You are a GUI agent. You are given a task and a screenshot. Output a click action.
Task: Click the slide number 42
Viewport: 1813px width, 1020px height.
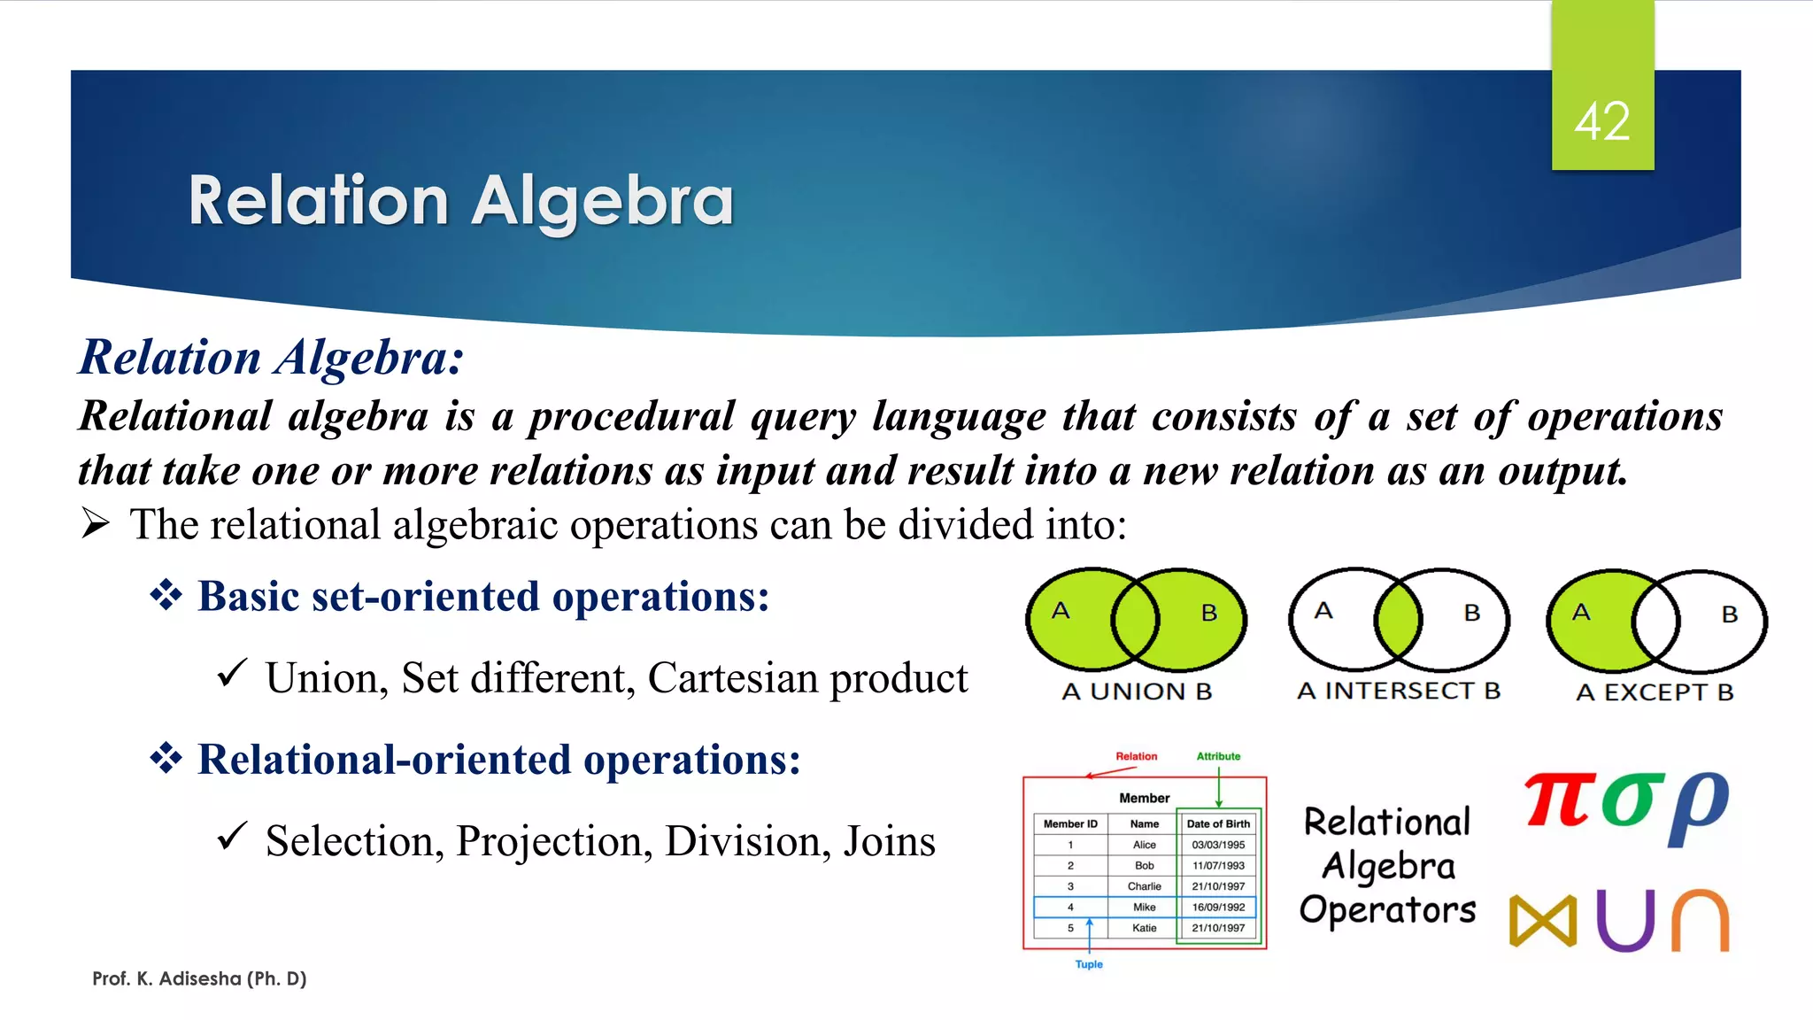click(1602, 121)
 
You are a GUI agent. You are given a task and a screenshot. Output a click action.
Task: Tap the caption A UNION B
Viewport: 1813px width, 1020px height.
click(1137, 692)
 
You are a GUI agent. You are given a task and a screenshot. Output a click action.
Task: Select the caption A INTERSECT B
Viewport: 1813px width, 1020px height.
click(1399, 691)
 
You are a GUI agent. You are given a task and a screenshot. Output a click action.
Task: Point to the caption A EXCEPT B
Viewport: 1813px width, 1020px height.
click(1655, 692)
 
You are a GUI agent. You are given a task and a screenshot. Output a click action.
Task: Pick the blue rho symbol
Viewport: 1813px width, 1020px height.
click(1698, 806)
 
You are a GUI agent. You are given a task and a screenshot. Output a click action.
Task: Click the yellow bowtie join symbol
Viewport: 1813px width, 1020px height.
click(1543, 921)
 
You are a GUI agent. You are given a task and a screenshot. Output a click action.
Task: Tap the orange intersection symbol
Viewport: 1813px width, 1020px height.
click(1700, 921)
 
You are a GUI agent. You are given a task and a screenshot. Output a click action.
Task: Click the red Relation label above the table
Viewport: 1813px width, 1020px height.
click(1136, 756)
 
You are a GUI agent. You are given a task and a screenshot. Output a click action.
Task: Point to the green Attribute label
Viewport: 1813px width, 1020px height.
click(1218, 756)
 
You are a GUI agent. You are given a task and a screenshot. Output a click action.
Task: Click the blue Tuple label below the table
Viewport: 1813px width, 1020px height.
click(1089, 964)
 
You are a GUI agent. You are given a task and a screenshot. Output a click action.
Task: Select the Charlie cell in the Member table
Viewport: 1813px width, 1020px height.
click(1144, 886)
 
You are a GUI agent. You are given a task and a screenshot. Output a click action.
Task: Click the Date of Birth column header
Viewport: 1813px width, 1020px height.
click(1218, 823)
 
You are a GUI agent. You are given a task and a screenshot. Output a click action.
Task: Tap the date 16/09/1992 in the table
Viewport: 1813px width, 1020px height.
click(1218, 907)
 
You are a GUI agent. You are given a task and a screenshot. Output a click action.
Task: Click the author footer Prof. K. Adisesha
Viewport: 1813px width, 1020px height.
click(199, 978)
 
